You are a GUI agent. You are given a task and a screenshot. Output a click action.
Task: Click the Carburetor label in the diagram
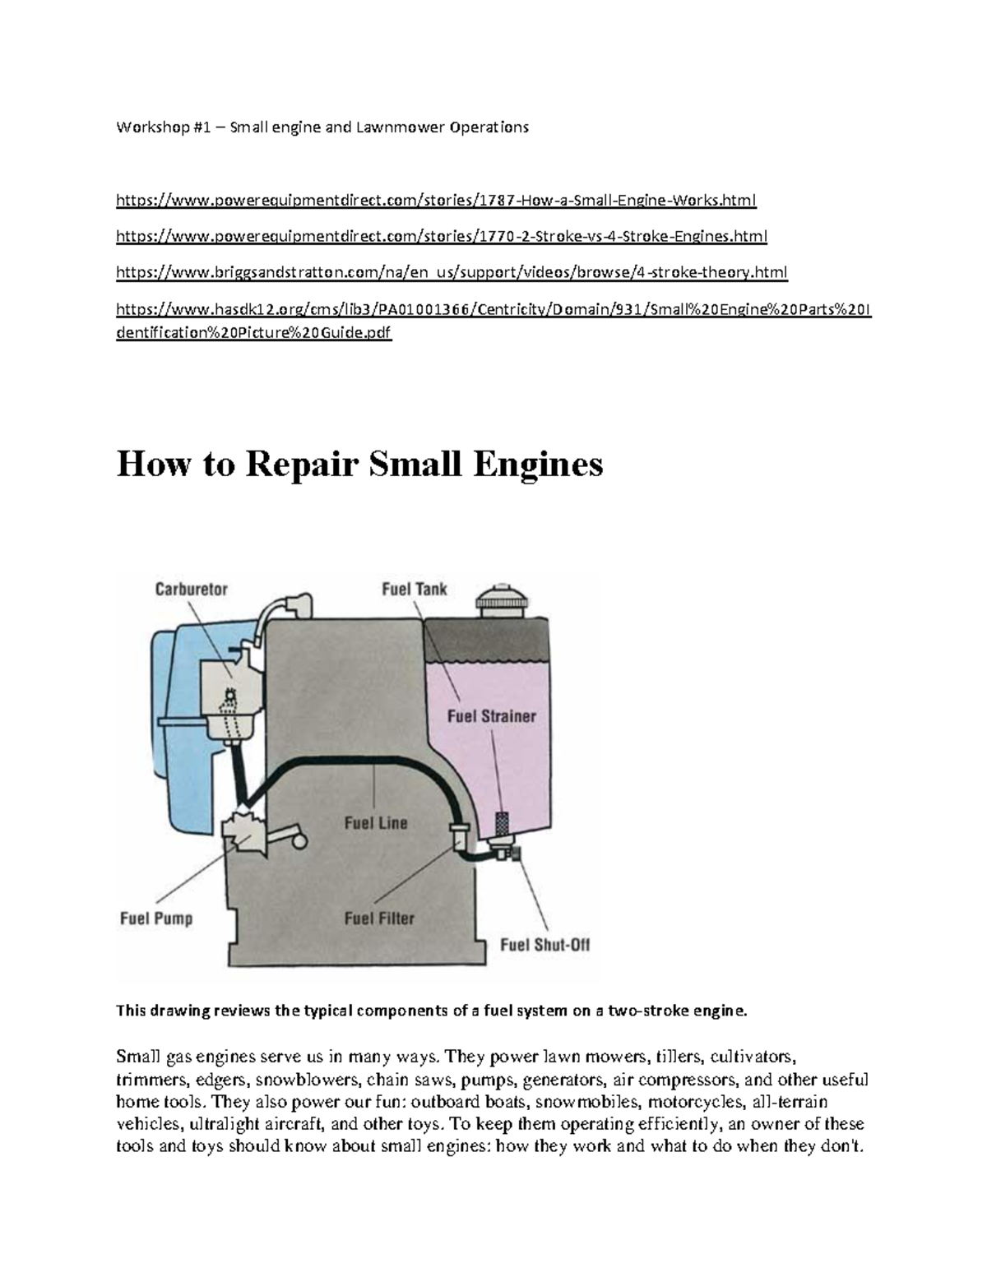click(192, 590)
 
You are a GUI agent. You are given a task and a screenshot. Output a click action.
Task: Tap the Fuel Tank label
click(415, 590)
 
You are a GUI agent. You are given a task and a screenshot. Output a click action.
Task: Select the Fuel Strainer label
click(491, 716)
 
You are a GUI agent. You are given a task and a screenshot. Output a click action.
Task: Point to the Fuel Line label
click(375, 822)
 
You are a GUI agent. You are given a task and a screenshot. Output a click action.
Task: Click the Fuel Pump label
click(156, 918)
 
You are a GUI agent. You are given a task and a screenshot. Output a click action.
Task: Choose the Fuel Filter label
click(379, 918)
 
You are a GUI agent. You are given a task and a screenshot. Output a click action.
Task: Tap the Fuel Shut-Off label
click(545, 945)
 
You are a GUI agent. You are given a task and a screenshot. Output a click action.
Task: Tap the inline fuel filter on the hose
click(457, 836)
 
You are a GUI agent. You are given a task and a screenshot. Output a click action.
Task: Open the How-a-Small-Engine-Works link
click(436, 200)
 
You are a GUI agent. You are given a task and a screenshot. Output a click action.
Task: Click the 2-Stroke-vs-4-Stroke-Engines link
click(442, 237)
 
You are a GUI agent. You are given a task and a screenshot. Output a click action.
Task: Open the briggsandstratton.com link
click(452, 272)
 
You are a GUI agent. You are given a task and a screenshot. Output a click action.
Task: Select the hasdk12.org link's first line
click(493, 309)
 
